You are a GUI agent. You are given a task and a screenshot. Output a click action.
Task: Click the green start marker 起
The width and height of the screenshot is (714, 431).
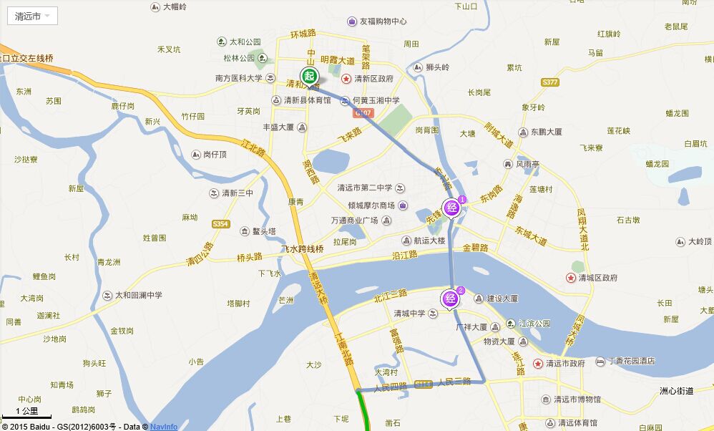click(x=309, y=76)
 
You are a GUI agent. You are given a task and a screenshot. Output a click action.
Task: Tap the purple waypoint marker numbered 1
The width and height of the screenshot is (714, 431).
click(x=452, y=208)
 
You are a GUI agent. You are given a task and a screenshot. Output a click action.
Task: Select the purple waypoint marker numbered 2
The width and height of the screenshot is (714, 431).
click(x=451, y=298)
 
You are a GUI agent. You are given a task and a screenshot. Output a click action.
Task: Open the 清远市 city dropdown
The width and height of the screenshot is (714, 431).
click(x=33, y=16)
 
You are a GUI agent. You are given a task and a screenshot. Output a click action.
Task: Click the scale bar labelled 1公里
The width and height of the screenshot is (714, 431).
click(x=26, y=413)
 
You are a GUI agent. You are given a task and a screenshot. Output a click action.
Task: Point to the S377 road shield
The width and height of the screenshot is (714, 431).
click(x=549, y=82)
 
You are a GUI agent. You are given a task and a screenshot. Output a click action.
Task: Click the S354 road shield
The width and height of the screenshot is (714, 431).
click(x=220, y=224)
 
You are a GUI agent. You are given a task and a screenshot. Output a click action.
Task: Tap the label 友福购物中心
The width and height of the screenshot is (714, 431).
click(x=383, y=21)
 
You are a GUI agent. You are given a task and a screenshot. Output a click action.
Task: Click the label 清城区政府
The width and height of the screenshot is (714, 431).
click(x=598, y=278)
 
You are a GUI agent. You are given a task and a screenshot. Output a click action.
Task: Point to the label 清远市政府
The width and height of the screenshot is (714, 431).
click(x=565, y=364)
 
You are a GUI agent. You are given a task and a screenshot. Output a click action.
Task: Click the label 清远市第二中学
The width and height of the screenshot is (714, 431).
click(x=365, y=188)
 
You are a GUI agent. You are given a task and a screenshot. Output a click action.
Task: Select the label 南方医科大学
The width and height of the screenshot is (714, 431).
click(x=238, y=78)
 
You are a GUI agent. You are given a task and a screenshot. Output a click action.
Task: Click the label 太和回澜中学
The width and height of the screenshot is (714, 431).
click(x=139, y=295)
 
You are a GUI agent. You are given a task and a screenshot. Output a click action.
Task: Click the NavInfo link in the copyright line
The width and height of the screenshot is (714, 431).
click(x=164, y=427)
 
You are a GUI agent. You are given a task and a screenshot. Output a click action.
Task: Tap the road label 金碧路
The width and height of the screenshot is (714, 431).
click(x=475, y=248)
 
